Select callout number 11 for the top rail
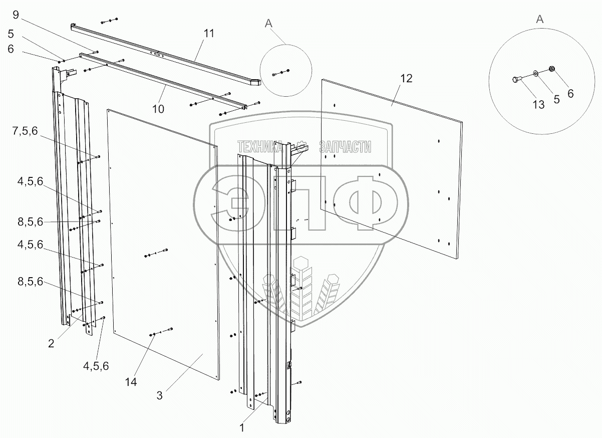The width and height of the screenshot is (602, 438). [209, 34]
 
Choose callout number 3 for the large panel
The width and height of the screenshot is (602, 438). [159, 394]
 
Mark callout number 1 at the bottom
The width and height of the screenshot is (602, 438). [242, 428]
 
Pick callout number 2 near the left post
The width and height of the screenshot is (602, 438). [51, 344]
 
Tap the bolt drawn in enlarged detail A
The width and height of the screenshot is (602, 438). [517, 79]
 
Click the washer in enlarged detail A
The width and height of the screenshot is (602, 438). [536, 74]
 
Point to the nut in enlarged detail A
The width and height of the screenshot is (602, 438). [552, 69]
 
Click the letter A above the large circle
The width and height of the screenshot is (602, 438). [539, 19]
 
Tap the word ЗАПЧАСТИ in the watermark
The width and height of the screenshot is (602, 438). [345, 147]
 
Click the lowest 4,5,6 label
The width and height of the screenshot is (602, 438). [96, 366]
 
